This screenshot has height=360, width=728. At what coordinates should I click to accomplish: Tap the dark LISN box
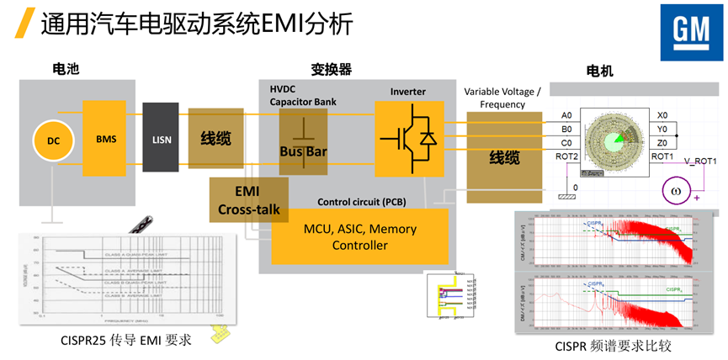pyautogui.click(x=160, y=140)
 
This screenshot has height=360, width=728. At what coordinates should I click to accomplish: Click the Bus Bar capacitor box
pyautogui.click(x=303, y=141)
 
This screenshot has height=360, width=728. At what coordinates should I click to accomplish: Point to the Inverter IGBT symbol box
pyautogui.click(x=408, y=138)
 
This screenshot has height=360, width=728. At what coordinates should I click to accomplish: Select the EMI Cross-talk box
pyautogui.click(x=247, y=200)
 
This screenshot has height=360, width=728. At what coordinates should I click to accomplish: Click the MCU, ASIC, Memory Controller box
pyautogui.click(x=359, y=237)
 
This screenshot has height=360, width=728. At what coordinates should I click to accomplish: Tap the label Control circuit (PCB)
pyautogui.click(x=361, y=202)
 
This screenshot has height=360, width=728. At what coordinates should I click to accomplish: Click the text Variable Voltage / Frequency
pyautogui.click(x=503, y=98)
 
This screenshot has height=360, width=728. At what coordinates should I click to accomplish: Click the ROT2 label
pyautogui.click(x=566, y=156)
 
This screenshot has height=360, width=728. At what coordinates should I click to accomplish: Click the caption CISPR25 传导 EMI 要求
pyautogui.click(x=126, y=340)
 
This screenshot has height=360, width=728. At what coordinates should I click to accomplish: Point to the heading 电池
pyautogui.click(x=66, y=70)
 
